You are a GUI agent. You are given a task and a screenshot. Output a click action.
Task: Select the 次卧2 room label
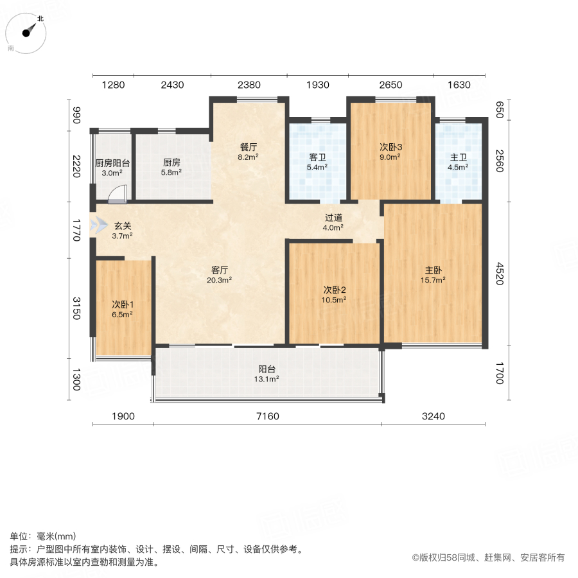coord(335,289)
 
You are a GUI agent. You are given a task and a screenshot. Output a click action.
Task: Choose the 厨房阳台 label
coord(112,163)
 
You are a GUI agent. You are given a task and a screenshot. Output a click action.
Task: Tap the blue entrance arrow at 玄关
coord(100,226)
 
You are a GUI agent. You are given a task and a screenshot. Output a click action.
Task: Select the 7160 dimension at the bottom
coord(267,417)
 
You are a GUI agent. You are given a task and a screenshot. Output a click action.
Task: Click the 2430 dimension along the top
coord(172,85)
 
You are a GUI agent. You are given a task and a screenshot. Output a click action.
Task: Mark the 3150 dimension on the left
coord(76,308)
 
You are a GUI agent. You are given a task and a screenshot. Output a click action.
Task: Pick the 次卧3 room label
coord(390,146)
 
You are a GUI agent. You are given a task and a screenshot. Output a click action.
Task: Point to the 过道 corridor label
coord(333,217)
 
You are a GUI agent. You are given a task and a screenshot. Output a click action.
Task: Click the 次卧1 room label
coord(122,304)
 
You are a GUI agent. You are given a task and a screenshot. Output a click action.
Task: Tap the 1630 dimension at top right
coord(459,85)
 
